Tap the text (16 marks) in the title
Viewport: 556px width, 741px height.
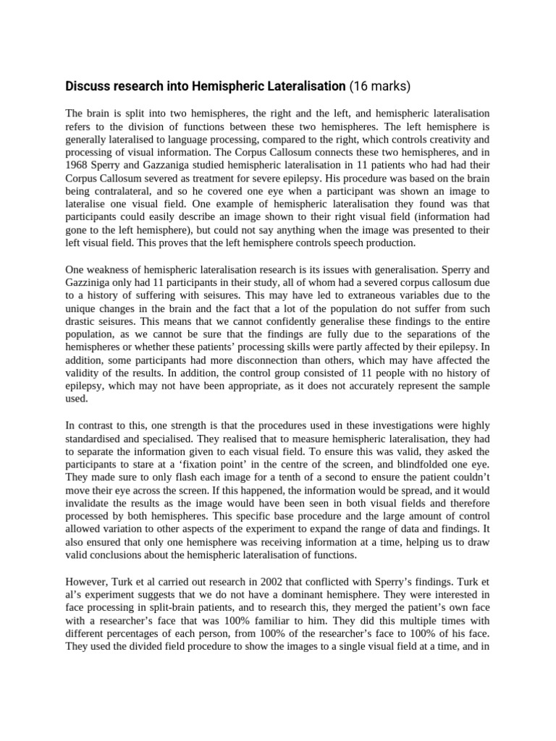point(379,87)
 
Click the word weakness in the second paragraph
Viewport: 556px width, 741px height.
point(113,269)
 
